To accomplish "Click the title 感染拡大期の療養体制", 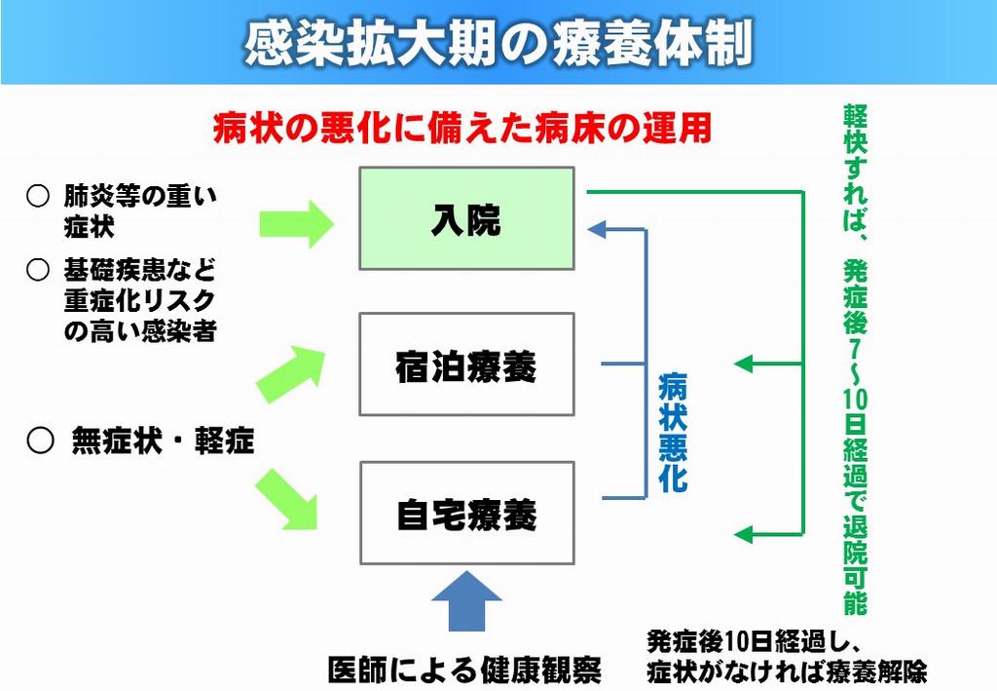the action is click(x=498, y=44).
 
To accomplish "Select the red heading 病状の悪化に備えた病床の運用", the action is click(x=462, y=128).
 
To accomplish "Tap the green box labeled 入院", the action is click(x=466, y=218).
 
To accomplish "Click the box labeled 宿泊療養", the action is click(x=466, y=364).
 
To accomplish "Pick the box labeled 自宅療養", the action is click(x=467, y=513).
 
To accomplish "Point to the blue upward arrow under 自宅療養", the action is click(x=466, y=600).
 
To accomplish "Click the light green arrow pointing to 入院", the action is click(x=296, y=223).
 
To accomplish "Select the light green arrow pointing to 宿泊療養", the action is click(x=291, y=374).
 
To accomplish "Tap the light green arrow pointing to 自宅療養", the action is click(x=287, y=499).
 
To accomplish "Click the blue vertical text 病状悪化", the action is click(x=673, y=433).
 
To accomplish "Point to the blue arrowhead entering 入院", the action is click(x=596, y=229).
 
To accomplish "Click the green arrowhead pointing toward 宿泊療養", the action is click(x=743, y=364).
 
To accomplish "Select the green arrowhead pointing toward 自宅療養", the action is click(x=743, y=534).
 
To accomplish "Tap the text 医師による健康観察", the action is click(x=464, y=670).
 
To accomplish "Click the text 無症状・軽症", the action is click(x=163, y=441).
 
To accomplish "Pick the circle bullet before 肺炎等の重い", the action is click(x=38, y=196).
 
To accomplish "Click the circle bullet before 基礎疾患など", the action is click(x=38, y=270).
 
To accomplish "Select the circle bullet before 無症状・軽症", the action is click(x=40, y=441).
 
